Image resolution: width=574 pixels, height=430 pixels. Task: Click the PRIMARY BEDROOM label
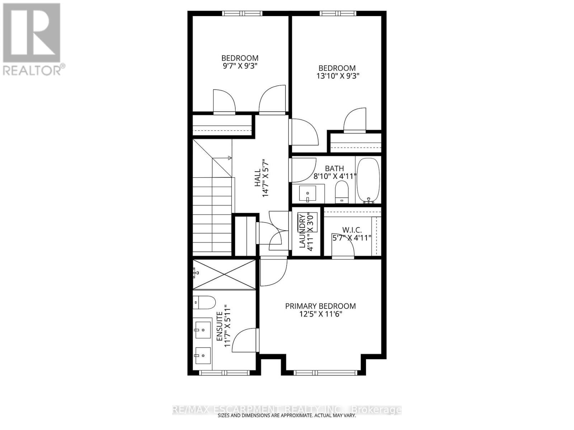[320, 306]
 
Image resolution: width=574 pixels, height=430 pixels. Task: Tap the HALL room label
[257, 178]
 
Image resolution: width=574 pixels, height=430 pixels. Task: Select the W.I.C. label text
[352, 230]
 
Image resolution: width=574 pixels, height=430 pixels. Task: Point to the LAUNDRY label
[302, 231]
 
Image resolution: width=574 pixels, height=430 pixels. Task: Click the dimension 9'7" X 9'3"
[240, 66]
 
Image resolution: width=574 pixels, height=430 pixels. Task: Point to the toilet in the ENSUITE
[203, 303]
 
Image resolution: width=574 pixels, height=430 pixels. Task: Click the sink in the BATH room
[307, 193]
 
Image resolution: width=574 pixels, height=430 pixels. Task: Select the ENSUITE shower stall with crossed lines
[224, 274]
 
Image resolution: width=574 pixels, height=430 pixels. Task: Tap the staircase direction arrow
[229, 158]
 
